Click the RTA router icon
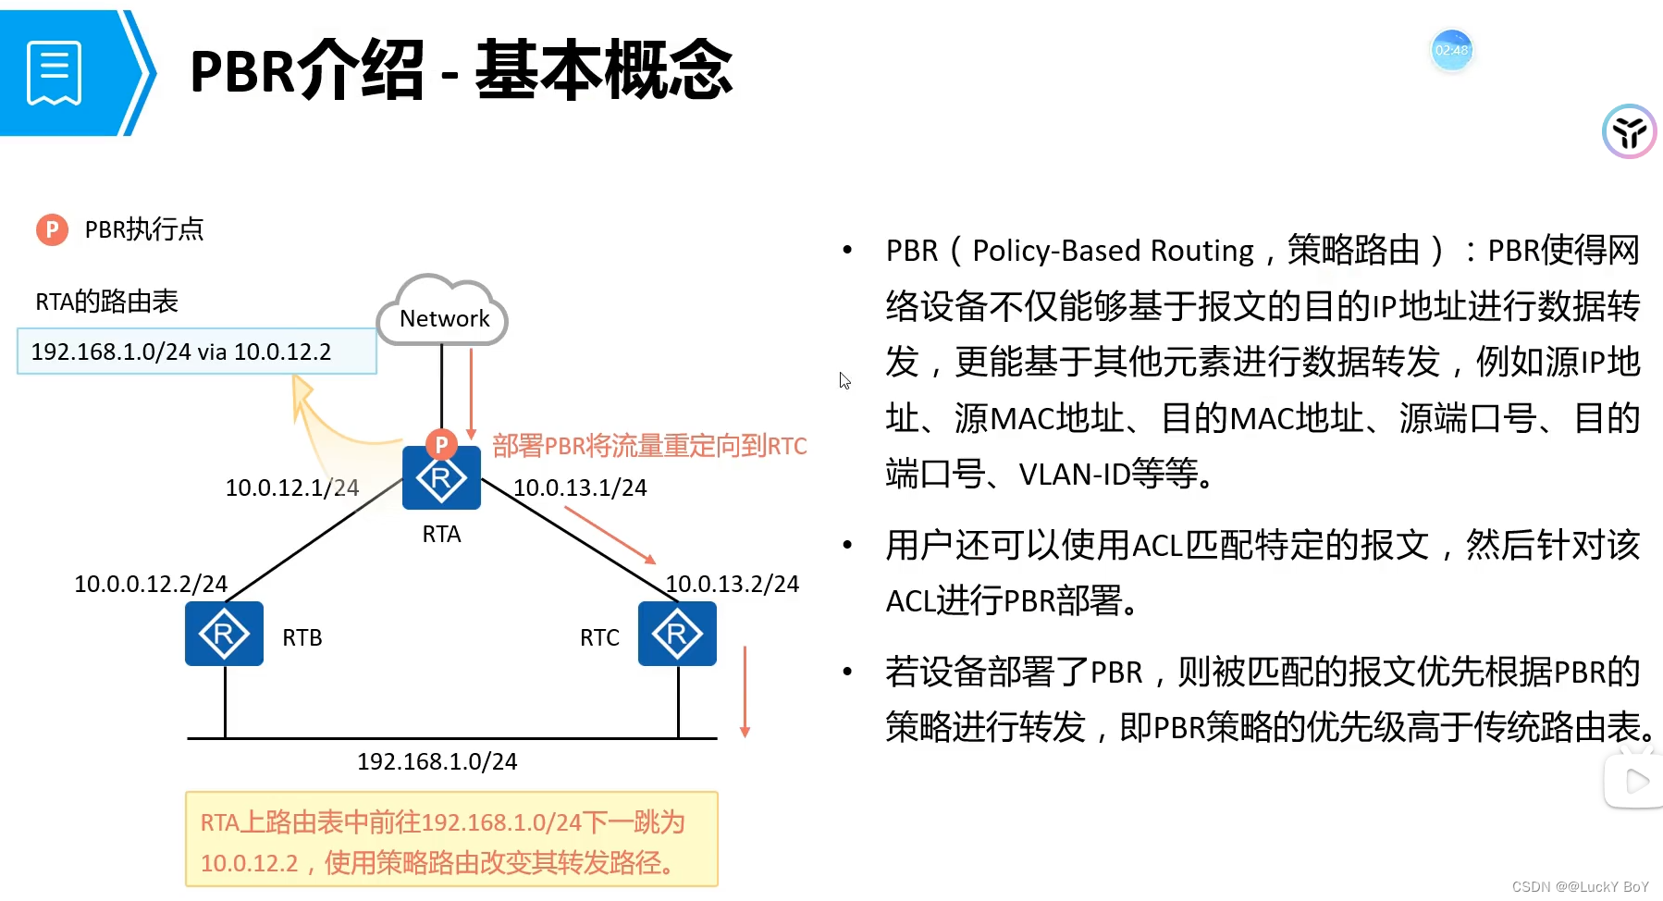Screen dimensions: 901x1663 coord(441,478)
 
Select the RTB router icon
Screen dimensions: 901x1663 coord(224,634)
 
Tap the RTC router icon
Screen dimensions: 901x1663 coord(677,634)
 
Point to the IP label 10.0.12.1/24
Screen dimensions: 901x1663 coord(291,488)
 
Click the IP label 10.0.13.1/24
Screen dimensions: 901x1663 coord(580,488)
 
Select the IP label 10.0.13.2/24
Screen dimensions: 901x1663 coord(732,584)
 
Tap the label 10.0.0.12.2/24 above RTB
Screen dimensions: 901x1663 coord(151,584)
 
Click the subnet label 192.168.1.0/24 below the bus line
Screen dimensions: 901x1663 coord(437,761)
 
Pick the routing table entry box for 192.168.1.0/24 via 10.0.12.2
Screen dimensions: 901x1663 coord(196,352)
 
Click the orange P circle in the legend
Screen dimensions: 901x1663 coord(52,229)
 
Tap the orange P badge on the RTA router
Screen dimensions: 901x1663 coord(441,445)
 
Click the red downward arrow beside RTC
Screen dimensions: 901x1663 coord(745,691)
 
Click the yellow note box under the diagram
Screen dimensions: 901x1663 coord(451,840)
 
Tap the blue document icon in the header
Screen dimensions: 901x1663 coord(55,72)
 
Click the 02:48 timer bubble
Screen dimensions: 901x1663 coord(1451,50)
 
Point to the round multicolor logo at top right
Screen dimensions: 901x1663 coord(1629,131)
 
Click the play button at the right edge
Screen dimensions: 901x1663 coord(1635,782)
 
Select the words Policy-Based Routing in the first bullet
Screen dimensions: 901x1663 coord(1113,251)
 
